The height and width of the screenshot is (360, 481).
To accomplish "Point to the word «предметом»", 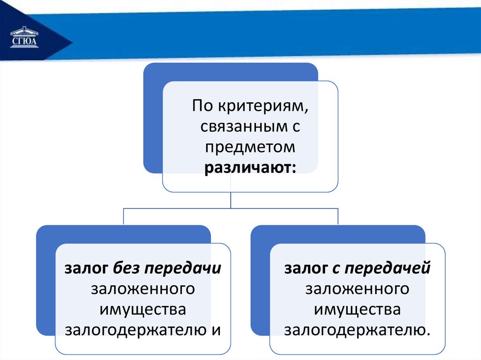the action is pos(249,147).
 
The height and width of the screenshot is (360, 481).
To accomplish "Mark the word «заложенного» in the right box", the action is pos(357,289).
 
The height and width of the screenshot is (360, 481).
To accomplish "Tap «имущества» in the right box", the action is pos(357,309).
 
